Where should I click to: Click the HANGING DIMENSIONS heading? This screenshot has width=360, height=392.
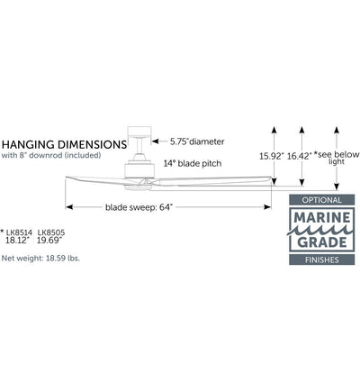tap(64, 144)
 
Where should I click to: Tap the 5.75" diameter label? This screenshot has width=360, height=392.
tap(197, 141)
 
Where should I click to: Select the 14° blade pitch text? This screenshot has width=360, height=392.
tap(193, 163)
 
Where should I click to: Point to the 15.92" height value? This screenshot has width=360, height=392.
tap(272, 156)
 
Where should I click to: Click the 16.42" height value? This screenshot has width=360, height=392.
tap(300, 156)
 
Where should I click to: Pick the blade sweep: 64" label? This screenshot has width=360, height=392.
tap(139, 207)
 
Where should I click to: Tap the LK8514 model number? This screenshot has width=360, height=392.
tap(19, 232)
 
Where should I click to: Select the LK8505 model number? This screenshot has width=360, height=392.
tap(51, 232)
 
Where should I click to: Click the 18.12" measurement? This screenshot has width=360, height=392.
tap(18, 241)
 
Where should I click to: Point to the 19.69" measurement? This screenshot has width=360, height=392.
tap(49, 241)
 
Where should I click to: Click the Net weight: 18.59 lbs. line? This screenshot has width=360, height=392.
tap(40, 258)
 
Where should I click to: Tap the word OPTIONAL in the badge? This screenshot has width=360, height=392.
tap(322, 200)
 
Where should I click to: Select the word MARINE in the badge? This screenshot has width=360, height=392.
tap(322, 217)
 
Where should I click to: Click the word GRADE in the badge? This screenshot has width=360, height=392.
tap(322, 242)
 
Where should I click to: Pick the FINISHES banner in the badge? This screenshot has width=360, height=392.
tap(322, 260)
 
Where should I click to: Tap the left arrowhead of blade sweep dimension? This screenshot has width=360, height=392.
tap(69, 207)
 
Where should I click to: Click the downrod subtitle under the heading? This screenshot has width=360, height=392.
tap(51, 155)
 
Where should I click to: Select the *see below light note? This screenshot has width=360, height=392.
tap(337, 158)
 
